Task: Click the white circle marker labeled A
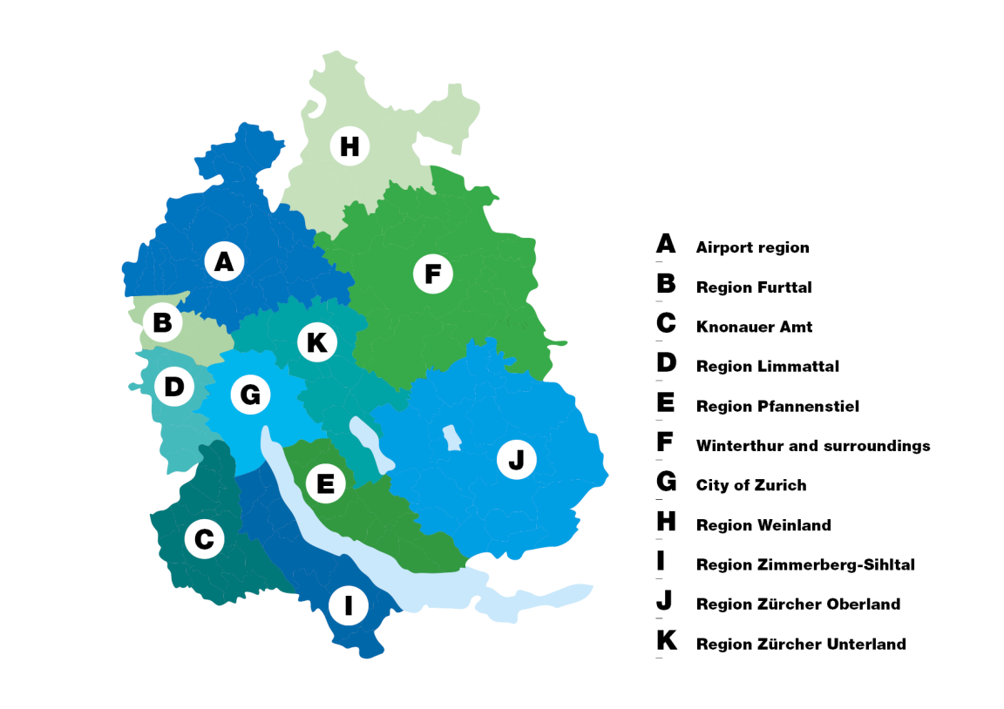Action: (224, 261)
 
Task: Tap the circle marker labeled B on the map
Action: (162, 323)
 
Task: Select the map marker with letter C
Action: (204, 540)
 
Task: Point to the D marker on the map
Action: (174, 387)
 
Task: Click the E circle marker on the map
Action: (325, 483)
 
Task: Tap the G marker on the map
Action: (250, 395)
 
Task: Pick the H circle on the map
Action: (349, 147)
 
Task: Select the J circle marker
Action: (516, 459)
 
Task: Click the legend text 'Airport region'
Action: (752, 247)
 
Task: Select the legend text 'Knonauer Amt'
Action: (754, 327)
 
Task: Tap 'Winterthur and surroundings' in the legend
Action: (812, 446)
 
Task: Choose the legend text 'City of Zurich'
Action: (751, 485)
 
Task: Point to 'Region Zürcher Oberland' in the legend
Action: (797, 604)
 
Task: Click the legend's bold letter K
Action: (667, 641)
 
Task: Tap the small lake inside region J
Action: (451, 437)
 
